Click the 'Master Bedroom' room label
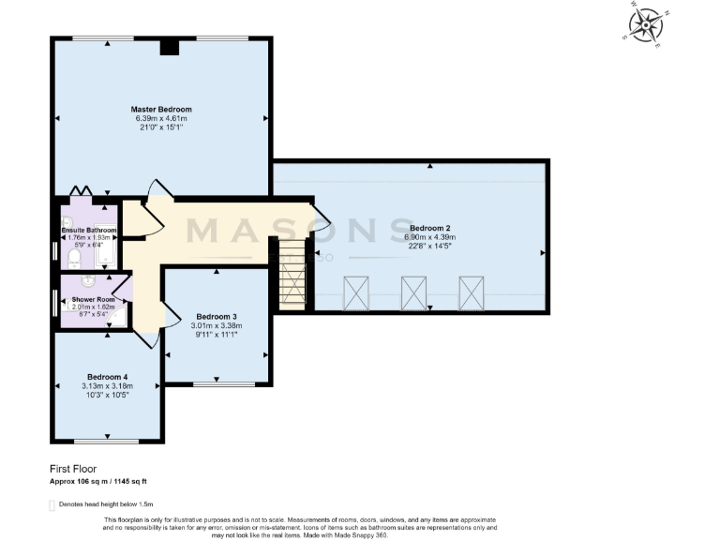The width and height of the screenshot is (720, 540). pyautogui.click(x=161, y=110)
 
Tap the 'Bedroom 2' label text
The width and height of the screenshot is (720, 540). pyautogui.click(x=429, y=228)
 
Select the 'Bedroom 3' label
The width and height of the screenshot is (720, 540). pyautogui.click(x=217, y=316)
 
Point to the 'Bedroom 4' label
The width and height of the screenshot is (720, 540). pyautogui.click(x=107, y=376)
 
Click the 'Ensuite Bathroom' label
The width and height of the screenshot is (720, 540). pyautogui.click(x=89, y=230)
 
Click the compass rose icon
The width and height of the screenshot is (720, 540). pyautogui.click(x=644, y=25)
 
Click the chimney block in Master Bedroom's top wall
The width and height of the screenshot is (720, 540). pyautogui.click(x=170, y=48)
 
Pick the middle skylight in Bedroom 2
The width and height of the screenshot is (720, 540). pyautogui.click(x=413, y=292)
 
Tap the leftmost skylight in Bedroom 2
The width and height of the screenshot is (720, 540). pyautogui.click(x=356, y=292)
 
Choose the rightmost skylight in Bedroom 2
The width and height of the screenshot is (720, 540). pyautogui.click(x=471, y=292)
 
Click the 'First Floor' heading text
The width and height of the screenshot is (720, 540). pyautogui.click(x=73, y=468)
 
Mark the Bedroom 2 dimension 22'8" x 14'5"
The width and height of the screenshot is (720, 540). pyautogui.click(x=429, y=247)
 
